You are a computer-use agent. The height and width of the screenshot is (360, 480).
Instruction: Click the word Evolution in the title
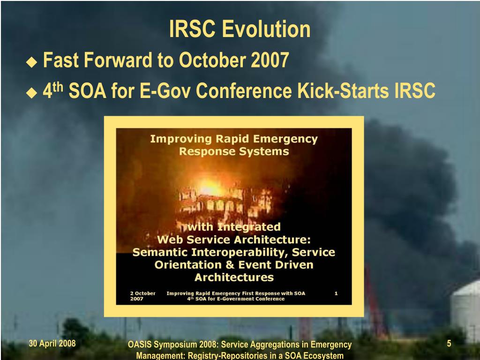266,29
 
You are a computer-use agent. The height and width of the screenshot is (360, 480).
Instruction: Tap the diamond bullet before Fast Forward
31,62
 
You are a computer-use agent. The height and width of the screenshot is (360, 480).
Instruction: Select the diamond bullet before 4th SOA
31,92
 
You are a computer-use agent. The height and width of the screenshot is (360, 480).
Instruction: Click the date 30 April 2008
52,343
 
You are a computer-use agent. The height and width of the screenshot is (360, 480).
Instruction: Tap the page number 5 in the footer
449,343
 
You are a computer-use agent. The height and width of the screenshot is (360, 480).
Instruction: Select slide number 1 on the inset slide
336,293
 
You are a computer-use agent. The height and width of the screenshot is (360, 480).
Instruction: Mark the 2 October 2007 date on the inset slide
142,296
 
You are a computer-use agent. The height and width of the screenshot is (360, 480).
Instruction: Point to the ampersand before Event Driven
230,265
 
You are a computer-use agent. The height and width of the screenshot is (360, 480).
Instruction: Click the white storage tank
465,309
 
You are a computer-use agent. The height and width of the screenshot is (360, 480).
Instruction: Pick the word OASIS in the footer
140,345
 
